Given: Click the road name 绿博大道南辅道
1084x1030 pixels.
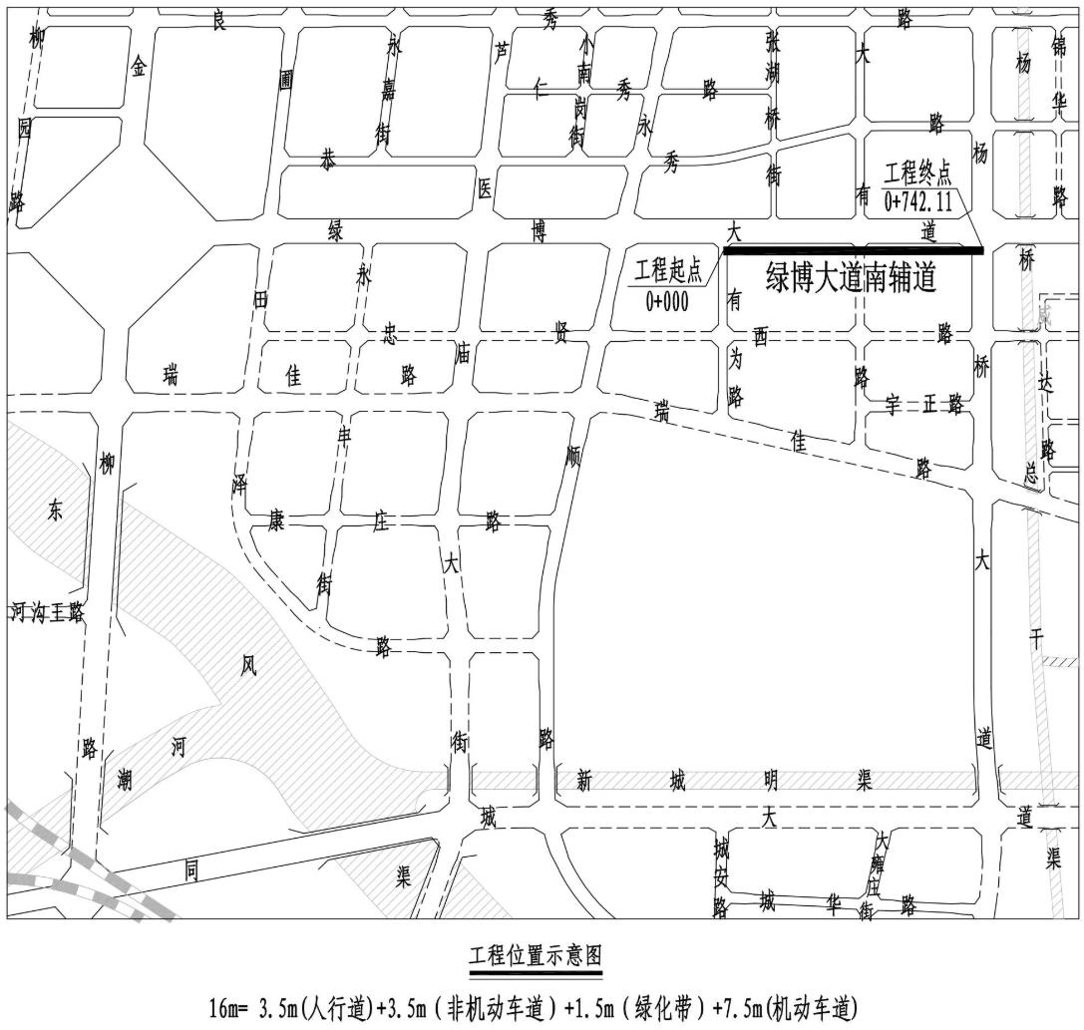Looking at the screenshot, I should [x=851, y=278].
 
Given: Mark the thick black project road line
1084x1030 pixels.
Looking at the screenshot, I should [x=854, y=250].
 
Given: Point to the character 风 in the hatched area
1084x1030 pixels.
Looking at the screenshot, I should [x=248, y=665].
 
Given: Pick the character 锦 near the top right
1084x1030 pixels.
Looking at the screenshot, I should [x=1059, y=47].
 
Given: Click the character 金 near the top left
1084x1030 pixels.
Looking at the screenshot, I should [x=139, y=67].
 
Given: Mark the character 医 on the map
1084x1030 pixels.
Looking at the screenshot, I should [x=484, y=191].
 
